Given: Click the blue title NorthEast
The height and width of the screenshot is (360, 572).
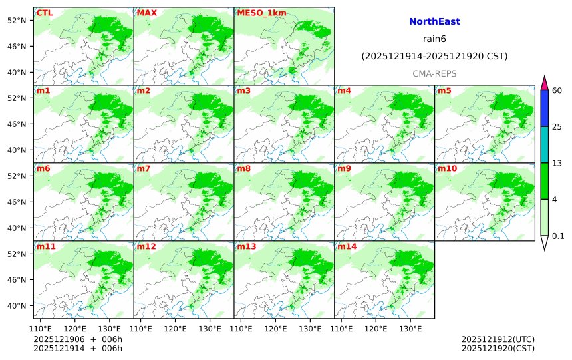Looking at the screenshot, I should tap(434, 22).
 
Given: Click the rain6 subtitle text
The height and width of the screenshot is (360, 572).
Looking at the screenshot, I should tap(434, 39).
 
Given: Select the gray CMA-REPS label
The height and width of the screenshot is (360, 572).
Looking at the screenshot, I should tap(434, 73).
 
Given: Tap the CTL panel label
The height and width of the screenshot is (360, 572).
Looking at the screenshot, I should tap(45, 13).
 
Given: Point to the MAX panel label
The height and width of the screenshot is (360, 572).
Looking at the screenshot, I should tap(146, 13).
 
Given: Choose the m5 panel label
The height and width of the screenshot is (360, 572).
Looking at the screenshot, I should tap(444, 90).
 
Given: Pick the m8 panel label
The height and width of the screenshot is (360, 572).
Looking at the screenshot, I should tap(243, 168).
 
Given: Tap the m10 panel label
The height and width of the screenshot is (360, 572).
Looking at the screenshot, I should tap(446, 168).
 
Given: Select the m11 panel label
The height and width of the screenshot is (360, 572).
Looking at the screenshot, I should tap(46, 246).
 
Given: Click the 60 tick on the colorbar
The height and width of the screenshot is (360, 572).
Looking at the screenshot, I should tap(557, 90).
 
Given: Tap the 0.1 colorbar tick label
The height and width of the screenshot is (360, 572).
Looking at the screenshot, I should tap(558, 236).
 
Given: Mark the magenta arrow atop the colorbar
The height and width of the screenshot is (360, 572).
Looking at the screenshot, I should tap(544, 83).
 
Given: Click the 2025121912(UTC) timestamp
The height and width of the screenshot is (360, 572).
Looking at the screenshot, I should tap(498, 339).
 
